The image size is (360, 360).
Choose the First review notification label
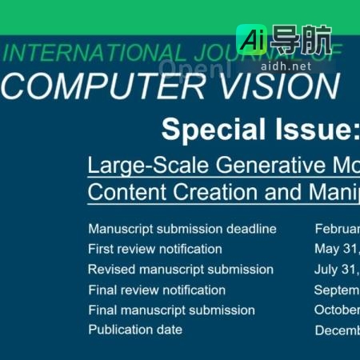155,249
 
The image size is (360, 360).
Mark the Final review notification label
157,290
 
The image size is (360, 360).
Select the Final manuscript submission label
171,310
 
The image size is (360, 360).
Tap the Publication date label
135,330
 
